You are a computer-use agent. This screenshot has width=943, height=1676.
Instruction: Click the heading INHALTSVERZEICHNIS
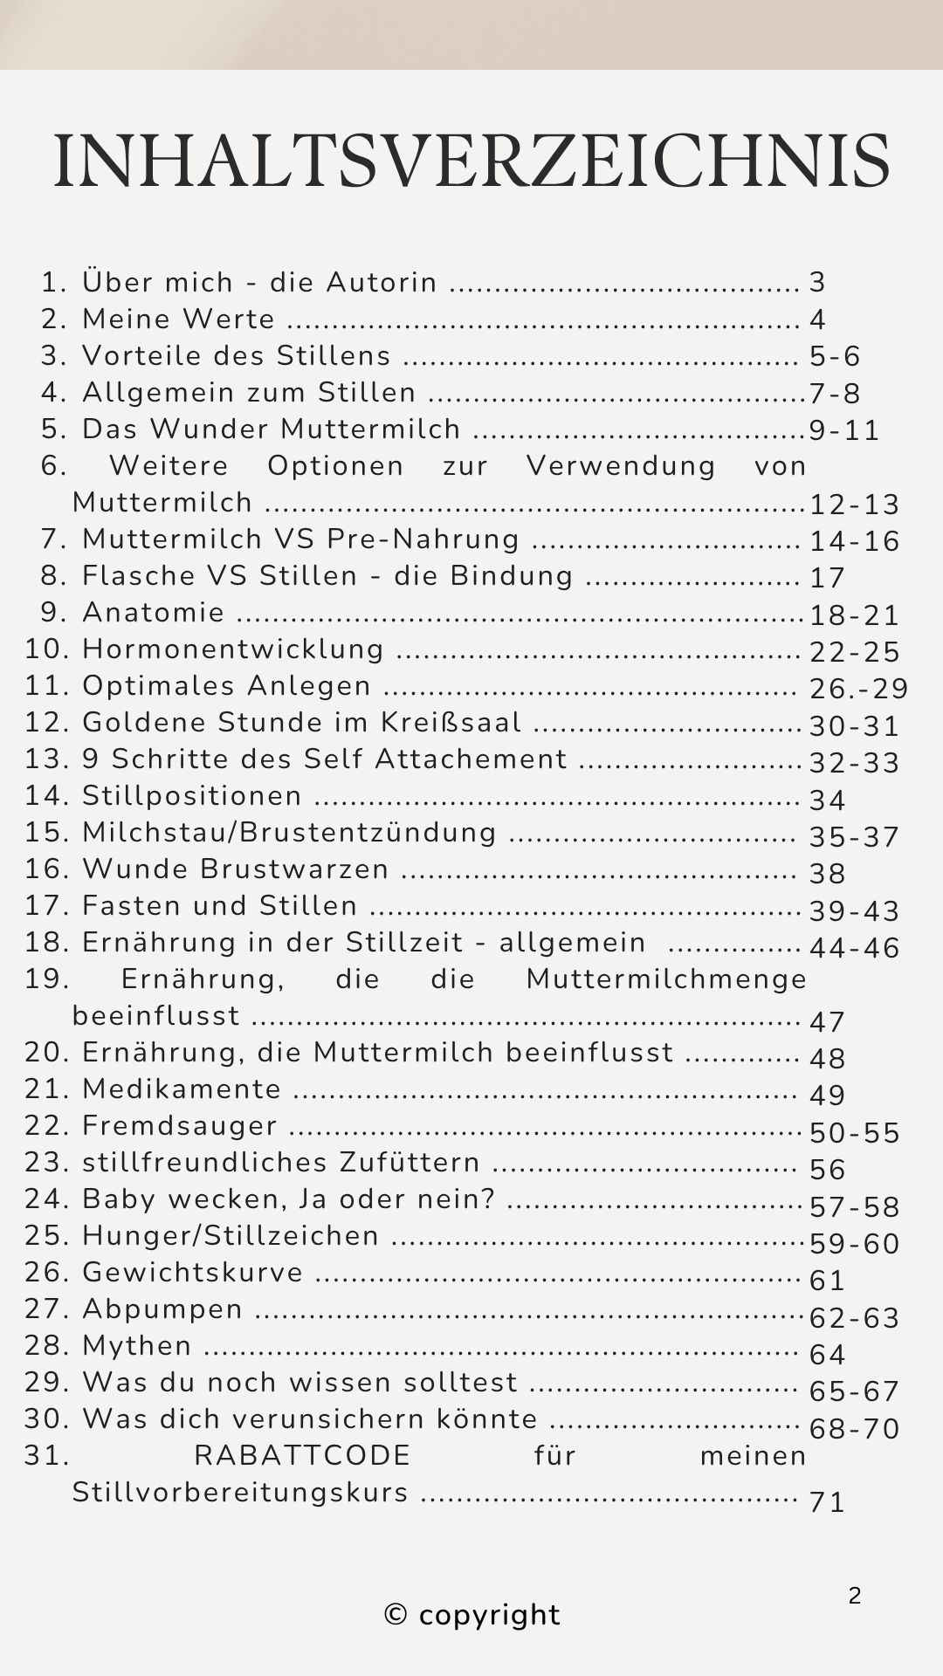[x=471, y=162]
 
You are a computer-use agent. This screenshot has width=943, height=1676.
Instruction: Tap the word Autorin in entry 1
[x=382, y=283]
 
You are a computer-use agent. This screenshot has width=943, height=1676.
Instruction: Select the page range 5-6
[x=835, y=356]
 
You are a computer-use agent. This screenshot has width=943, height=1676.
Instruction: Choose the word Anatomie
[x=154, y=613]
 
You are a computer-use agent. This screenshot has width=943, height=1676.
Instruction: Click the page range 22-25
[x=854, y=652]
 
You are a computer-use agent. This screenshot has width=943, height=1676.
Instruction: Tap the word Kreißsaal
[x=451, y=723]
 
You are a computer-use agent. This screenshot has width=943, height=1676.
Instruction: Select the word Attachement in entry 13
[x=471, y=759]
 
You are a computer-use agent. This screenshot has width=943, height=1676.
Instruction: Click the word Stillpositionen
[x=192, y=796]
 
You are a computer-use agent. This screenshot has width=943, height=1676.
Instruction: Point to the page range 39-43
[x=854, y=911]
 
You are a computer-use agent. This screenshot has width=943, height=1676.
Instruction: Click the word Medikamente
[x=182, y=1089]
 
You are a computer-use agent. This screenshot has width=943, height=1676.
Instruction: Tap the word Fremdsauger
[x=180, y=1126]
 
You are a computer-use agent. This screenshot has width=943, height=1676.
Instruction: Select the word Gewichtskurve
[x=193, y=1273]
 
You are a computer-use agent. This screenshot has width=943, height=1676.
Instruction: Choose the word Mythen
[x=137, y=1346]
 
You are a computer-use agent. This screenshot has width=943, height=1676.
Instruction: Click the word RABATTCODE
[x=302, y=1456]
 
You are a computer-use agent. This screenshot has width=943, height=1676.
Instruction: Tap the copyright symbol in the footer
[x=396, y=1615]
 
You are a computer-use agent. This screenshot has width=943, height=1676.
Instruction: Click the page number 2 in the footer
[x=855, y=1596]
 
